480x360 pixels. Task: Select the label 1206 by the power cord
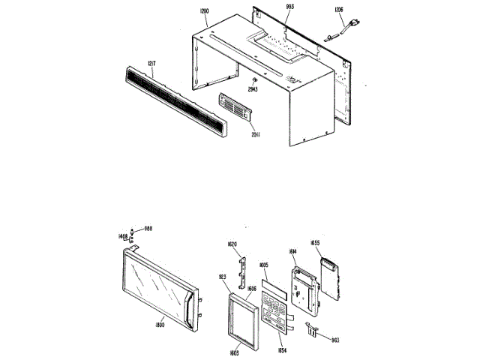click(338, 10)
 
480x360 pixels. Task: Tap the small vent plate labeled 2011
click(237, 109)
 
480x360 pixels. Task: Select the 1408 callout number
click(122, 236)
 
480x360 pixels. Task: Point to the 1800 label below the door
click(159, 325)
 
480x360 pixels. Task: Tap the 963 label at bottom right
click(334, 339)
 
